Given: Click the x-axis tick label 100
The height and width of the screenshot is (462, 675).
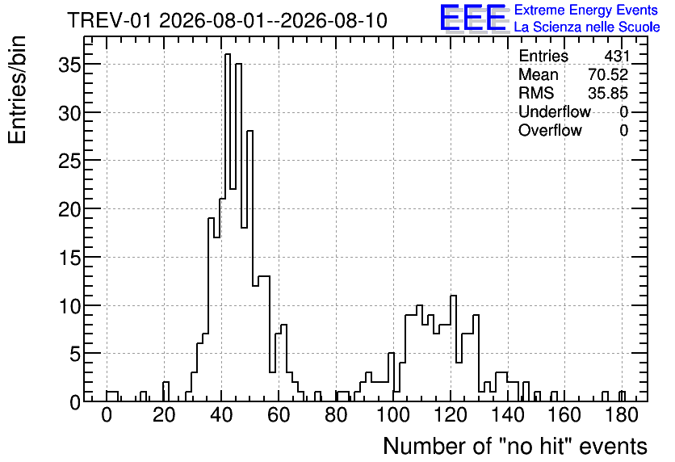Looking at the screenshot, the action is (x=393, y=415).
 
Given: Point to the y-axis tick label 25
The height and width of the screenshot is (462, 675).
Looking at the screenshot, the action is (x=69, y=161).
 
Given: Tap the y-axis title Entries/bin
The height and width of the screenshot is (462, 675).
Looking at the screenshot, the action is (x=17, y=90).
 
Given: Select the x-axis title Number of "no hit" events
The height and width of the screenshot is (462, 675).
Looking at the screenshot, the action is (x=515, y=446).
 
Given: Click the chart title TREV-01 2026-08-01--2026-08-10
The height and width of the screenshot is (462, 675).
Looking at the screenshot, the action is (x=228, y=21).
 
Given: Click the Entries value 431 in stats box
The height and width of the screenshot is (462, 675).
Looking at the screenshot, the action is (x=616, y=56).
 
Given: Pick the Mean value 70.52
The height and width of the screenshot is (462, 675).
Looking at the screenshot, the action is (x=608, y=74).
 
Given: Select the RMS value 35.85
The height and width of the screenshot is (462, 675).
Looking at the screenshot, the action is (x=608, y=93).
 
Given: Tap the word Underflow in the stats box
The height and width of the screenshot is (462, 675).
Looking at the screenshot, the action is (x=555, y=111).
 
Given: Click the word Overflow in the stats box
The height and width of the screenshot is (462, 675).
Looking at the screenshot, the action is (x=550, y=130).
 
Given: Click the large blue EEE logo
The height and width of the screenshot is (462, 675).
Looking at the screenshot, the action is (x=473, y=18).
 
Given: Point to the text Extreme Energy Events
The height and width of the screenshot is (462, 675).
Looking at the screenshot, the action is (x=586, y=10).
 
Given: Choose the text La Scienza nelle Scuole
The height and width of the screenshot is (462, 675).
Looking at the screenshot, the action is (x=587, y=27).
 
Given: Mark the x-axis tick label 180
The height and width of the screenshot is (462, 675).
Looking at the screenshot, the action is (x=622, y=415).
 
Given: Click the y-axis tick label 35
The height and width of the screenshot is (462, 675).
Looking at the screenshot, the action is (x=69, y=64).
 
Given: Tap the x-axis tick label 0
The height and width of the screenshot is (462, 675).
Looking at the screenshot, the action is (x=107, y=415).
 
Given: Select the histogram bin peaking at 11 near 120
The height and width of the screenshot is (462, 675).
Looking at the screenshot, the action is (x=453, y=348).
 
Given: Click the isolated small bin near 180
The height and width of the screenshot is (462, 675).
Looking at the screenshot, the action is (x=622, y=396).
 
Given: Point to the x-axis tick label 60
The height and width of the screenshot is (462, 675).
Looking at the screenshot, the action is (x=279, y=415).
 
